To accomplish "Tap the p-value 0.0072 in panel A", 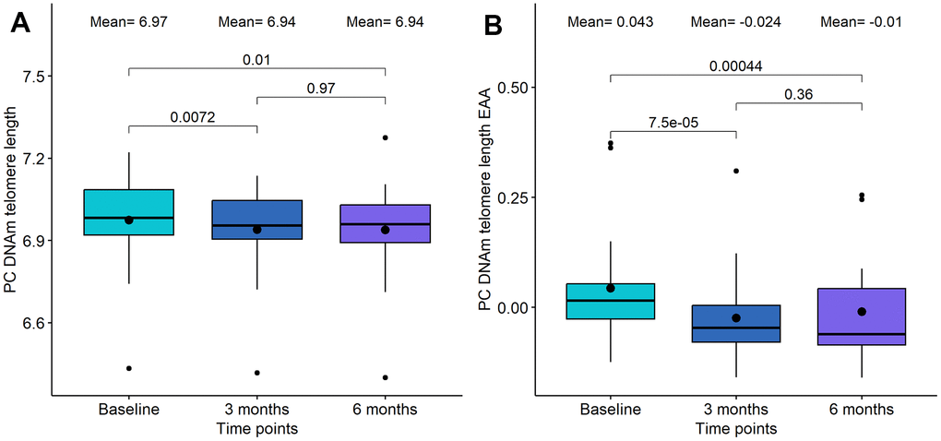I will coord(192,116).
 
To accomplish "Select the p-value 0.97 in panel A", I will coord(320,88).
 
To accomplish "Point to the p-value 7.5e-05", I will coord(673,122).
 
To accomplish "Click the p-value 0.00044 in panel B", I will coord(735,66).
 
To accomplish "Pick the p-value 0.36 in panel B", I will coord(798,94).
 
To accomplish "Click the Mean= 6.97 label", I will coord(129,22).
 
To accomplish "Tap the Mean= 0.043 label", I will coord(611,21).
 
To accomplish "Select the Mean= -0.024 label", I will coord(736,21).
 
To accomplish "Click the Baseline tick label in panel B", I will coord(611,409).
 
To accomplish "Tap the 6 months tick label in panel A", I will coord(385,409).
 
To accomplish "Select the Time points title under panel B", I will coord(736,428).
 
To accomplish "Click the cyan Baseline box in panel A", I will coord(129,212).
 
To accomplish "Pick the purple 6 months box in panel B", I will coord(861,316).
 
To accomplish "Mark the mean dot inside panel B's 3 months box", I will coord(736,317).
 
